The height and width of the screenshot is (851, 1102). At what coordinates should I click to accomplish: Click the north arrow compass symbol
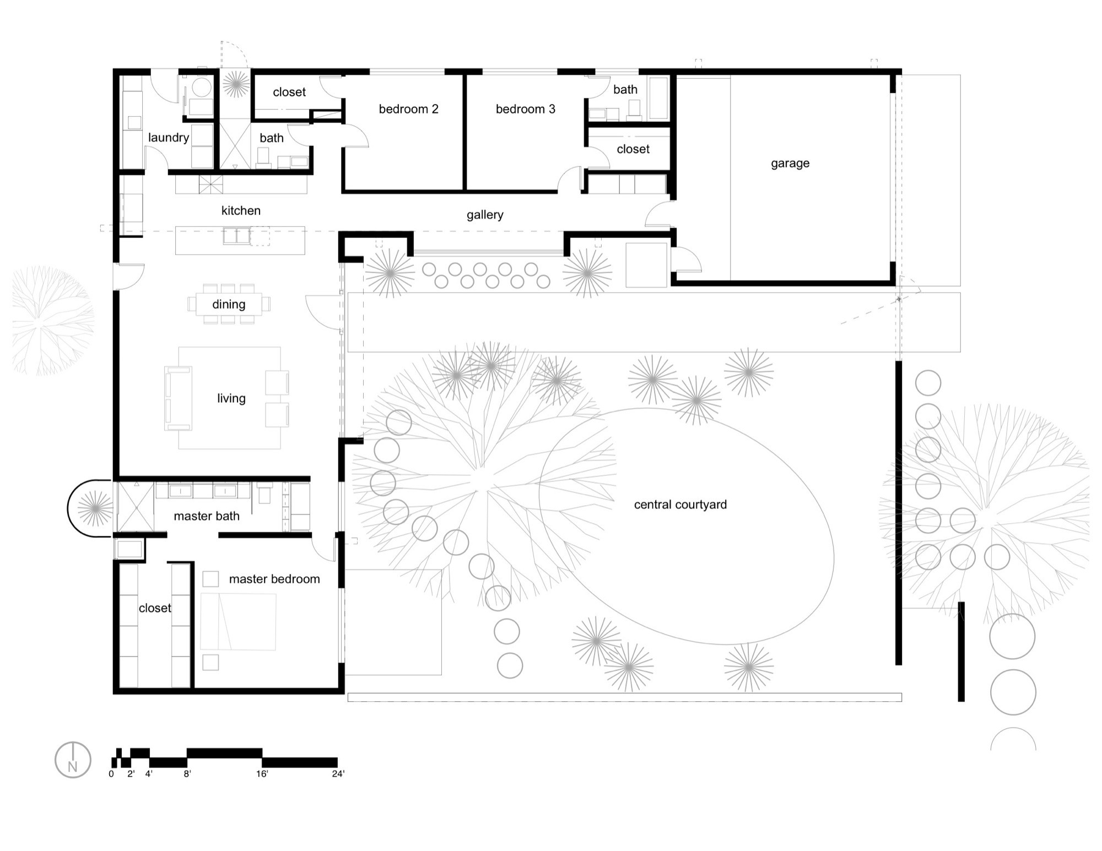pos(73,760)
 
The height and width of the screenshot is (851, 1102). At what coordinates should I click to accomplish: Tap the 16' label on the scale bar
pos(262,774)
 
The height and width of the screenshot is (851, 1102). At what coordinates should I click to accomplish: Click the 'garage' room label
pos(790,163)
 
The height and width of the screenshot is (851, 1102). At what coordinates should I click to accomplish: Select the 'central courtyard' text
pos(680,505)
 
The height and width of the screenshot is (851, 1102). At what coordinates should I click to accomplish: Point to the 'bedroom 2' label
pos(408,109)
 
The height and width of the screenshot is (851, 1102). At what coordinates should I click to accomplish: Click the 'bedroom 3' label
pos(525,109)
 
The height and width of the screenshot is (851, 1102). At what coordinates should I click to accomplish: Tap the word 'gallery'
pos(484,215)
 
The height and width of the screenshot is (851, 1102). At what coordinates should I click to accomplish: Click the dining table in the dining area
pos(229,304)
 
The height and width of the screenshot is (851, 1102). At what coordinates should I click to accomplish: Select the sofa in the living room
pos(177,398)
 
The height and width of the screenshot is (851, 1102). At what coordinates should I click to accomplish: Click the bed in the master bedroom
pos(238,621)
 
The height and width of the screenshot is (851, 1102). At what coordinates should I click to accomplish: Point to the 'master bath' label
pos(206,516)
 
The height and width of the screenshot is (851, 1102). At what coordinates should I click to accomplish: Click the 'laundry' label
pos(168,138)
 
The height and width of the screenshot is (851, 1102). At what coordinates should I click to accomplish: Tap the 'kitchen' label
pos(241,210)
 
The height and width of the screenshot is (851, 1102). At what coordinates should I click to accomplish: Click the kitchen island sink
pos(236,236)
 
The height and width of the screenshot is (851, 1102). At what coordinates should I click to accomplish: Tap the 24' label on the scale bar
pos(338,774)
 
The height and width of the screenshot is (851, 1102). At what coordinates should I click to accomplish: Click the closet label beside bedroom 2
pos(289,92)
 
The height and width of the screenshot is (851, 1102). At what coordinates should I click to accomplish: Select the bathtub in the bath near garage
pos(658,98)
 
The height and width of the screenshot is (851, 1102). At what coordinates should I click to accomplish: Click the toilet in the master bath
pos(264,494)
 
